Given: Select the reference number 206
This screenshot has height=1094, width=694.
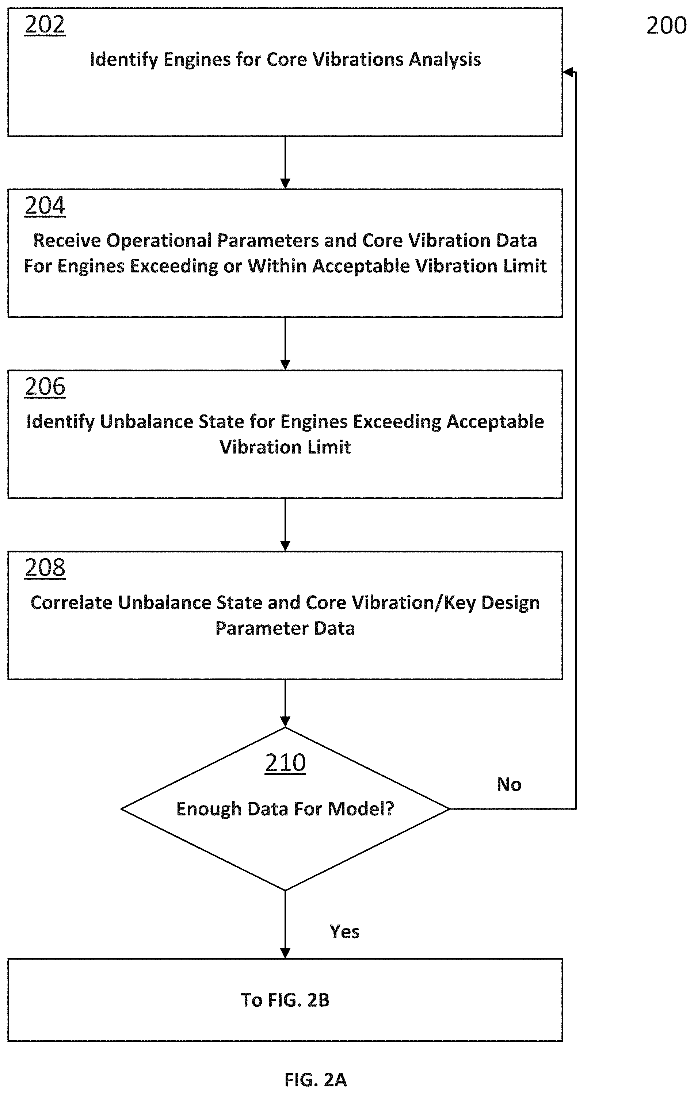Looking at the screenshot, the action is (x=45, y=387).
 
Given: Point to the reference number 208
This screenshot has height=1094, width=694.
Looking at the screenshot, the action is (x=45, y=567).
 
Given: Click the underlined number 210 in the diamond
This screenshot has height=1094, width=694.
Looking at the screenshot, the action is (x=285, y=763).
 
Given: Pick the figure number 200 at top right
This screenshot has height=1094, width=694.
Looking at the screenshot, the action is (x=666, y=26).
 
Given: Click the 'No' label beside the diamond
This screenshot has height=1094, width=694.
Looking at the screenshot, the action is (x=509, y=785).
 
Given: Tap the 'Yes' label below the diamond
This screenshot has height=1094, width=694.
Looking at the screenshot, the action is (x=344, y=932).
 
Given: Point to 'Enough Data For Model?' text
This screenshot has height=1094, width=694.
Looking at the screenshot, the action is (x=285, y=809).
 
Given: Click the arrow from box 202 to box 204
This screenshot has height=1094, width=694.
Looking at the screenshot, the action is (x=285, y=162).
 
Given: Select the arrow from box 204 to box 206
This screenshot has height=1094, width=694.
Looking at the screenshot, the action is (x=285, y=344).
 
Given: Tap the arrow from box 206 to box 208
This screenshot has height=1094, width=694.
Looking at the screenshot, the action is (x=285, y=525).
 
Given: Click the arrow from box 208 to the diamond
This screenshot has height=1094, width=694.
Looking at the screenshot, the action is (x=285, y=703).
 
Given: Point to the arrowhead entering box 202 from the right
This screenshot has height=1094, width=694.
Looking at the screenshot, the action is (x=567, y=72).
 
